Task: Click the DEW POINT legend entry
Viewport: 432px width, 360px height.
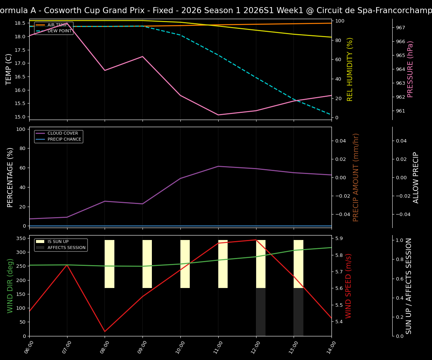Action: click(x=59, y=31)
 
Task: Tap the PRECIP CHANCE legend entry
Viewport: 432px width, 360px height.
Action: click(x=64, y=139)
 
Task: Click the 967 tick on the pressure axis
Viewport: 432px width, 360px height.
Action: click(x=400, y=28)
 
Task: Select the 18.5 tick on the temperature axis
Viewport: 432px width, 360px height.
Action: click(x=19, y=23)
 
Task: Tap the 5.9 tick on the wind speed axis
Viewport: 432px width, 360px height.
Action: click(x=338, y=238)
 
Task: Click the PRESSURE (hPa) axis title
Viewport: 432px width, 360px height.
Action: click(x=411, y=69)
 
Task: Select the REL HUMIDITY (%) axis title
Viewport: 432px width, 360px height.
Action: click(x=350, y=69)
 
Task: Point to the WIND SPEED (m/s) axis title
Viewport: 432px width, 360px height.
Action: click(x=349, y=286)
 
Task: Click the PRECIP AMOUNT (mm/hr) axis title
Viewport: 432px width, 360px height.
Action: click(x=356, y=177)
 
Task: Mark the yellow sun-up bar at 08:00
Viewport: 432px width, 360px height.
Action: click(x=109, y=264)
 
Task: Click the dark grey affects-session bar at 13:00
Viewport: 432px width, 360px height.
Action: click(x=298, y=312)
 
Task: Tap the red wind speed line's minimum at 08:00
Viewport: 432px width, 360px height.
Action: click(x=105, y=331)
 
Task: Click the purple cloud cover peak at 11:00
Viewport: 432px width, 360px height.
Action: click(x=218, y=166)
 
